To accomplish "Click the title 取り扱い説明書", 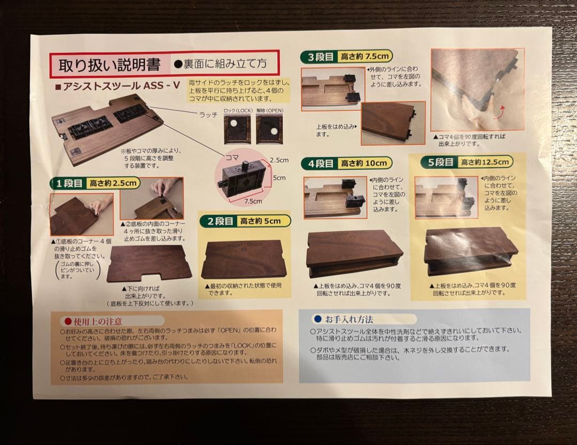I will tap(110, 65).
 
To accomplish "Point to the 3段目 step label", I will tap(321, 57).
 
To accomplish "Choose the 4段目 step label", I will tap(321, 163).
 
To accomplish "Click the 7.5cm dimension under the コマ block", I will tap(253, 201).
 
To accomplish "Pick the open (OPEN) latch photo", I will tap(269, 129).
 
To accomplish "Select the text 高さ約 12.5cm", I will tap(487, 161).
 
